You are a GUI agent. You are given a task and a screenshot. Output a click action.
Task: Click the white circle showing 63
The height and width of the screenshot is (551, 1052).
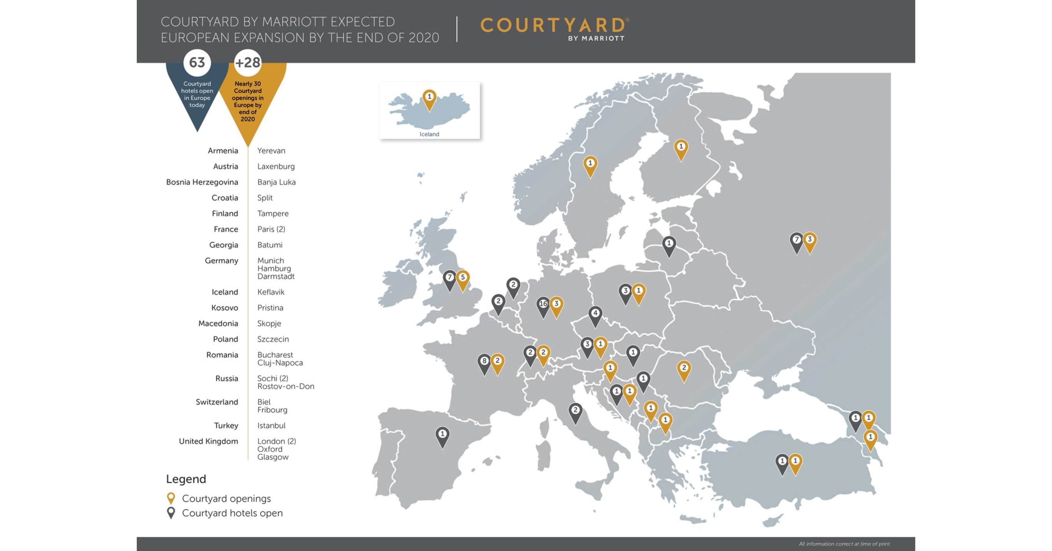pyautogui.click(x=197, y=62)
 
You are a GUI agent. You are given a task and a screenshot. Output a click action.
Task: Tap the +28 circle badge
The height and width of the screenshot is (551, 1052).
pyautogui.click(x=247, y=62)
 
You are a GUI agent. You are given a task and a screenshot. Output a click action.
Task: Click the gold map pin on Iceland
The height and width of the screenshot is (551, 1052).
pyautogui.click(x=429, y=98)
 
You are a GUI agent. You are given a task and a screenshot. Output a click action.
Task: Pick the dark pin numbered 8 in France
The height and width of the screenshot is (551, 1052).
pyautogui.click(x=484, y=362)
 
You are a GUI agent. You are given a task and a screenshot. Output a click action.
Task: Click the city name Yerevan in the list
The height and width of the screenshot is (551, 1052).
pyautogui.click(x=271, y=151)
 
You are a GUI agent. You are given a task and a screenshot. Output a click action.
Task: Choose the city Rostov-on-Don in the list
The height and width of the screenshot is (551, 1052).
pyautogui.click(x=286, y=386)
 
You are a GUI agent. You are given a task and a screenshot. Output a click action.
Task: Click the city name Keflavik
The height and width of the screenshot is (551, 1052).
pyautogui.click(x=271, y=292)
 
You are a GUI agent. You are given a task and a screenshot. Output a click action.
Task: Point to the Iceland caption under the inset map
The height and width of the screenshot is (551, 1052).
pyautogui.click(x=429, y=134)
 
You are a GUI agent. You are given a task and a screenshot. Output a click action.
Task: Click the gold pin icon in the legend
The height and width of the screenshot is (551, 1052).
pyautogui.click(x=171, y=498)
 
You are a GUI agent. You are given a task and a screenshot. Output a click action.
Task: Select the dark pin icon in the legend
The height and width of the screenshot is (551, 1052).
pyautogui.click(x=171, y=512)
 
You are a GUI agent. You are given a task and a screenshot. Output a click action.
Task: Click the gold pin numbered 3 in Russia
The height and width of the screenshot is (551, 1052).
pyautogui.click(x=810, y=241)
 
